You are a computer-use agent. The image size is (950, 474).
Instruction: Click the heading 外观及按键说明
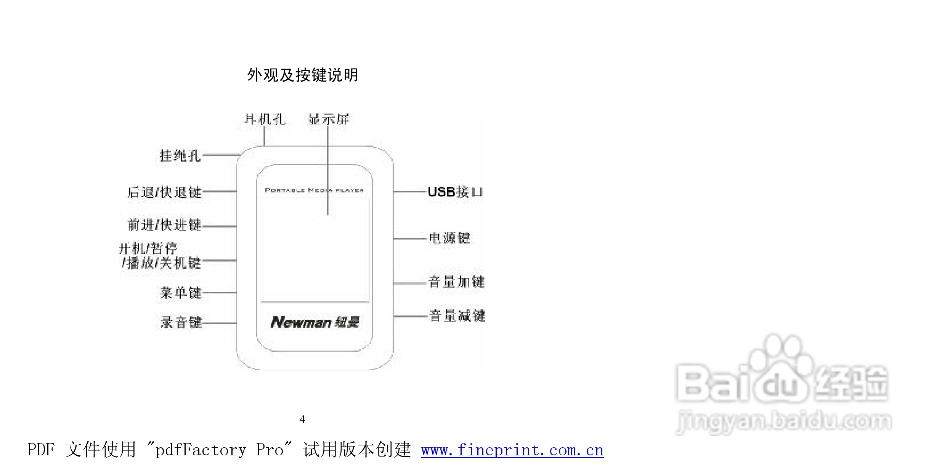tap(302, 75)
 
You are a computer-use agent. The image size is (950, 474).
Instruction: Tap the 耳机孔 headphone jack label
tap(265, 119)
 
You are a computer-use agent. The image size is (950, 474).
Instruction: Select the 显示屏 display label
tap(329, 119)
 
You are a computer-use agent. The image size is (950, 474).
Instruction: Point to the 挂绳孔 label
tap(180, 155)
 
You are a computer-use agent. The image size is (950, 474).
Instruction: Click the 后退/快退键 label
tap(164, 192)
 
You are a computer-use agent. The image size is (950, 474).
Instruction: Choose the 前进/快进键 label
tap(164, 225)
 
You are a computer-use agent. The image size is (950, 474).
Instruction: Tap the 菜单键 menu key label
tap(181, 293)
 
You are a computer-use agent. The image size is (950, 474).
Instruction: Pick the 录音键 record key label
tap(181, 322)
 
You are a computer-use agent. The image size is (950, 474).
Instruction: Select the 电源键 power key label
tap(450, 238)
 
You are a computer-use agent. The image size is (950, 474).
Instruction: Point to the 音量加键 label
tap(456, 282)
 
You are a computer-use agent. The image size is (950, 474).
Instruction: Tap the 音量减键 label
tap(457, 316)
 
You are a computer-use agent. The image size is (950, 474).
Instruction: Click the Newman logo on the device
tap(315, 322)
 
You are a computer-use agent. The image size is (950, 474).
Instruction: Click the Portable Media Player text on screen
tap(314, 190)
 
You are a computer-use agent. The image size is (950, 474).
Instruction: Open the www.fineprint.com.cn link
tap(512, 450)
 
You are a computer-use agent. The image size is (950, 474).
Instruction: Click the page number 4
tap(302, 420)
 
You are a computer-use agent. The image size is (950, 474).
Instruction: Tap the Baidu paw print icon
tap(780, 366)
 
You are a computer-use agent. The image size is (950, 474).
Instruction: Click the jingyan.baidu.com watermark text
tap(784, 422)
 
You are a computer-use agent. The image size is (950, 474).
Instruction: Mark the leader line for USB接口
tap(410, 192)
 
